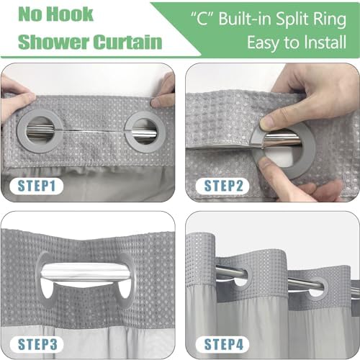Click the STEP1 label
coord(37,186)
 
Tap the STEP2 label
coord(223,186)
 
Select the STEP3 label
coord(37,344)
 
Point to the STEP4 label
coord(224,344)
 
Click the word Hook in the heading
coord(70,14)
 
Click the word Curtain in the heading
coord(127,42)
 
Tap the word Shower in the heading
coord(54,42)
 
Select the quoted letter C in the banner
coord(202,19)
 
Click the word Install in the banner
coord(325,42)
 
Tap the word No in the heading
coord(30,14)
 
